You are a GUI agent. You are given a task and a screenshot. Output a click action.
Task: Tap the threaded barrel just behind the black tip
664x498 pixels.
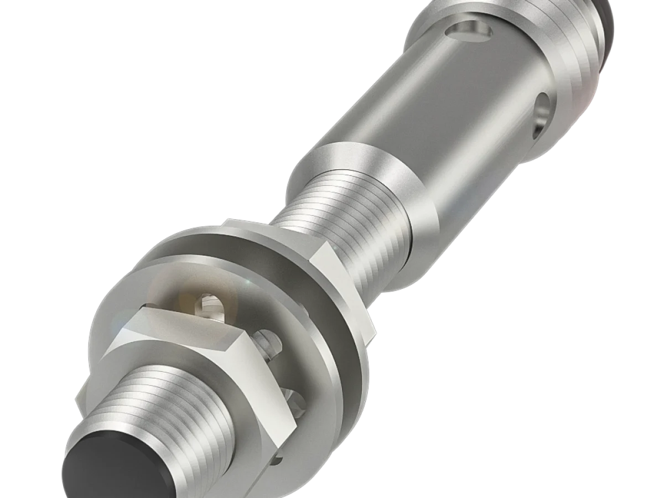tap(166, 409)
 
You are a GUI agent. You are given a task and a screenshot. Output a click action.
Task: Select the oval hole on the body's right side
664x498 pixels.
tap(541, 113)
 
